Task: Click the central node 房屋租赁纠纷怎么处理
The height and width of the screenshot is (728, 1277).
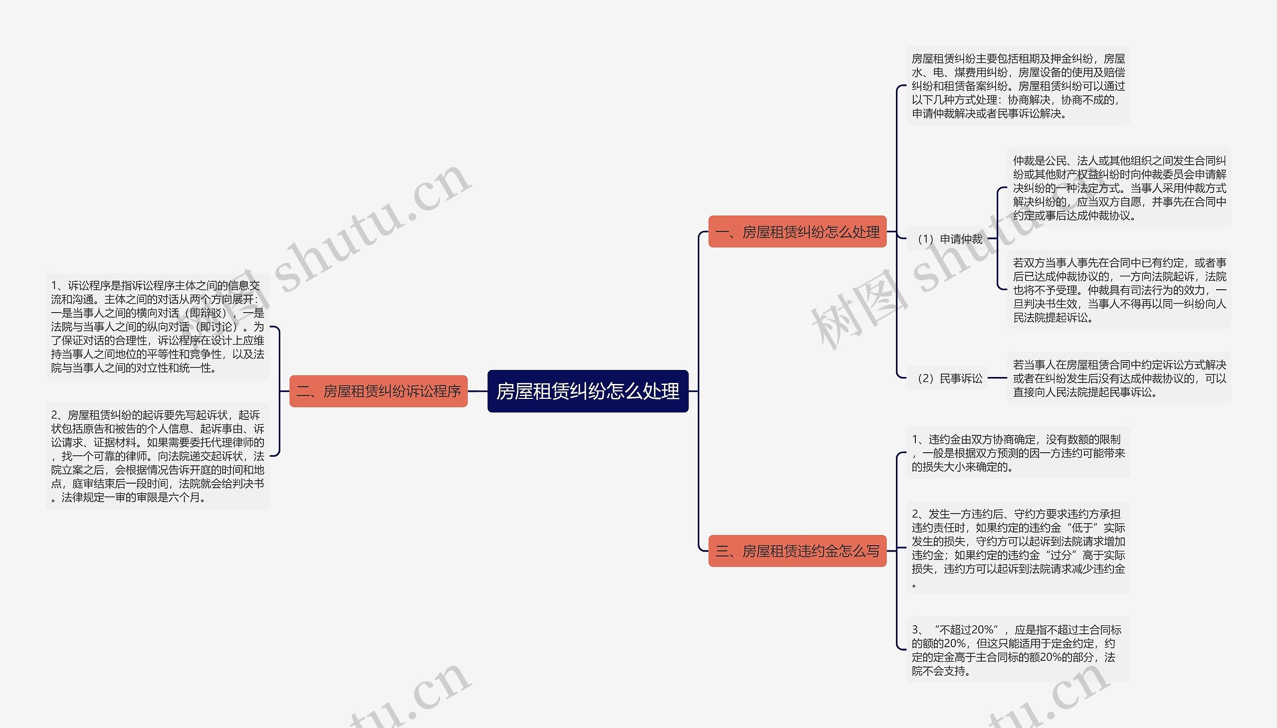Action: pos(588,391)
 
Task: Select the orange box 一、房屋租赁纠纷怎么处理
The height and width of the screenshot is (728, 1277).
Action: pos(797,231)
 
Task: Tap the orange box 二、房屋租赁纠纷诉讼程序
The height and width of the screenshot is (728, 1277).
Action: pos(378,391)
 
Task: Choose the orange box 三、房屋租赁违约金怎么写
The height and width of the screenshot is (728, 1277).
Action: pos(797,550)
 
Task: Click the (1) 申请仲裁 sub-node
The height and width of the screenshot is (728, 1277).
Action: pos(949,239)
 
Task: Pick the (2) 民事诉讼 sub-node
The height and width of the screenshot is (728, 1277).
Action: pos(949,378)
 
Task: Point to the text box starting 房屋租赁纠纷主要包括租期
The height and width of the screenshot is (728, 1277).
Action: pos(1018,86)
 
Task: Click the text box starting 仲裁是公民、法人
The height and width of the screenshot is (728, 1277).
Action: pos(1119,188)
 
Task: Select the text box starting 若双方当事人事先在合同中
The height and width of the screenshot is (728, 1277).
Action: pos(1119,290)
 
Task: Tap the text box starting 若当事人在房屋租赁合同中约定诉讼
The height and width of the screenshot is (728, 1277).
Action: pos(1119,378)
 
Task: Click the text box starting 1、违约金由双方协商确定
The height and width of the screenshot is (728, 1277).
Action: pos(1018,453)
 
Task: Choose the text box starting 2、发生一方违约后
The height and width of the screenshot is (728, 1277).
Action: pos(1018,548)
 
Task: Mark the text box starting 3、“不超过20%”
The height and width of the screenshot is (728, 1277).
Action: pos(1018,650)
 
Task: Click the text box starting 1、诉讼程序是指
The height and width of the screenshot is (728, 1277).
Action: pos(158,327)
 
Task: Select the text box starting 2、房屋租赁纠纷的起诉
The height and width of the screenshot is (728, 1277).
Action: pos(158,456)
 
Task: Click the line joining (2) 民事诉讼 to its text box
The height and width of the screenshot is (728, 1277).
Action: pos(997,378)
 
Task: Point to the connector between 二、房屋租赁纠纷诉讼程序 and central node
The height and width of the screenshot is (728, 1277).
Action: pos(478,391)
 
